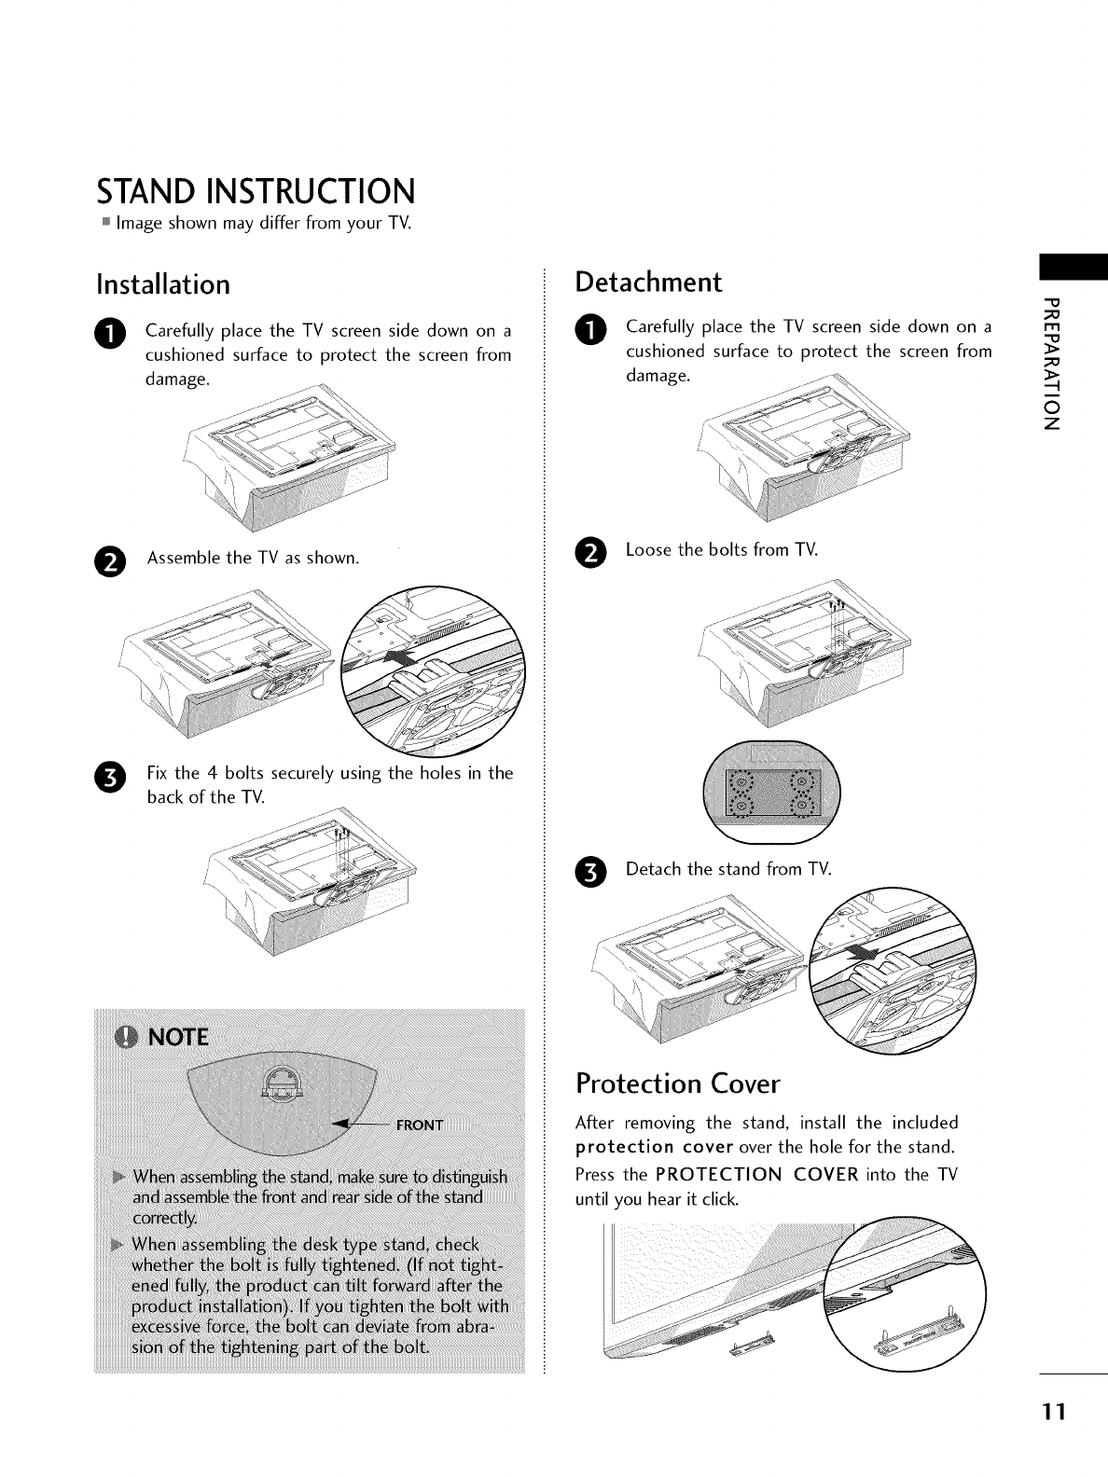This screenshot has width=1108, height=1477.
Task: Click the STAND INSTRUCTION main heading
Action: point(256,192)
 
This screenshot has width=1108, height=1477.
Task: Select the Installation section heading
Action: point(163,283)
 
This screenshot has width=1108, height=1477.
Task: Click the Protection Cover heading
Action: point(677,1084)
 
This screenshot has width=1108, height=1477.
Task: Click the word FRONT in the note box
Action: point(420,1125)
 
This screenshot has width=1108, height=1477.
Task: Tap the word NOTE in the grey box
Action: point(177,1039)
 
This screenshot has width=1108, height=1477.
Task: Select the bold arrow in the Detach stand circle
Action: point(867,955)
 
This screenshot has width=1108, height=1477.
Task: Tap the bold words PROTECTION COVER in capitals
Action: point(756,1174)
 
